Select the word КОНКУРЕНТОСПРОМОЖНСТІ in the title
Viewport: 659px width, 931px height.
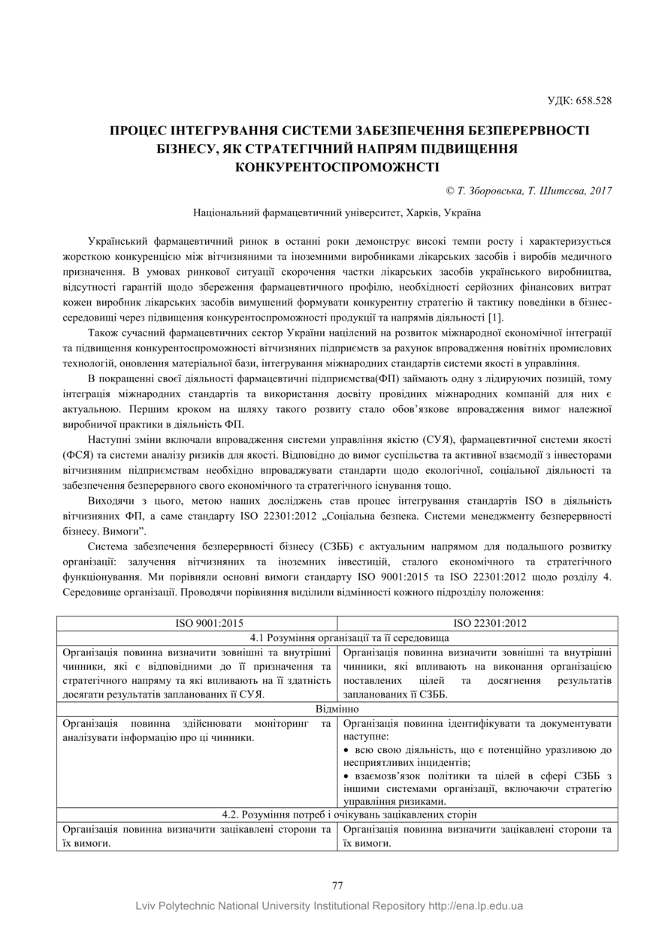pos(337,165)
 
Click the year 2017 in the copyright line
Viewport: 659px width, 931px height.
pos(600,191)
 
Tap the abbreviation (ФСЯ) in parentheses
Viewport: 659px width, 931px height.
pos(77,454)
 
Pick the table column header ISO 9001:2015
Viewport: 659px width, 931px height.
pos(197,623)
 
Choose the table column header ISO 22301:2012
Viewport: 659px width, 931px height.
pos(477,623)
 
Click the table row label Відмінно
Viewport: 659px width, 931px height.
pos(337,709)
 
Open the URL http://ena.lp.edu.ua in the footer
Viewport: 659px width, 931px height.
pos(476,905)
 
